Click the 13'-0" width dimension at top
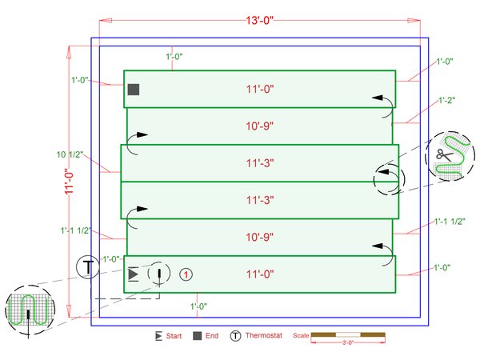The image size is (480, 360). [x=259, y=21]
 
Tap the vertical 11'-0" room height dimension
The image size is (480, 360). [x=69, y=182]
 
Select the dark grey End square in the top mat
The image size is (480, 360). [x=134, y=90]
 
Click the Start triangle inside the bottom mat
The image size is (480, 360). [x=134, y=274]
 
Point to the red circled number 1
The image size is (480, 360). [x=186, y=274]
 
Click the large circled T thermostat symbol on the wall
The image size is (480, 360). [x=88, y=267]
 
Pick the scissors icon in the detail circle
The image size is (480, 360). [x=444, y=154]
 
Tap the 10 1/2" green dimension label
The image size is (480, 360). [x=70, y=154]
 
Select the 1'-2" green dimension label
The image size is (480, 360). [x=446, y=100]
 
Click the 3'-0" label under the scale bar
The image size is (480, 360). [x=348, y=342]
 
